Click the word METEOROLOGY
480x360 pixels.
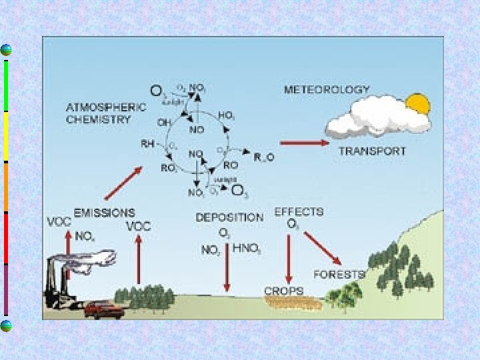click(x=327, y=89)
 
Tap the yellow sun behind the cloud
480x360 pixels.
click(x=419, y=105)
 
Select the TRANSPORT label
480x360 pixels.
click(x=371, y=151)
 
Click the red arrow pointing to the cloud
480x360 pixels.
click(x=304, y=142)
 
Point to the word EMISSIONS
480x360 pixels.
click(x=104, y=213)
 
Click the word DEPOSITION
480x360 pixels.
click(x=229, y=217)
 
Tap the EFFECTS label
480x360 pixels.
click(x=299, y=212)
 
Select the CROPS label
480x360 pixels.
click(x=283, y=291)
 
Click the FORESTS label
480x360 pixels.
click(x=339, y=274)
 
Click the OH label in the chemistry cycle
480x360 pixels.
click(x=163, y=122)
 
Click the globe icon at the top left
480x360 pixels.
click(x=6, y=50)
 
